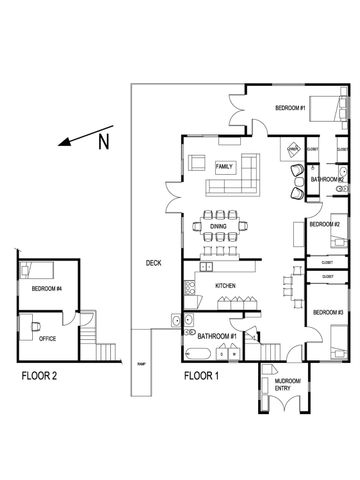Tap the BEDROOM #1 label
point(291,107)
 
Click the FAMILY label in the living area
point(224,165)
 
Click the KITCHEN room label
point(224,286)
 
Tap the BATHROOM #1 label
point(215,336)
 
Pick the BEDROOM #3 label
point(327,313)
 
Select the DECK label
point(152,263)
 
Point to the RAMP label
point(141,364)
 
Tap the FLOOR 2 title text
point(45,377)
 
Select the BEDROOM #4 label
point(46,289)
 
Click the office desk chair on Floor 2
point(33,323)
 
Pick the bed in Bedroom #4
point(36,270)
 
